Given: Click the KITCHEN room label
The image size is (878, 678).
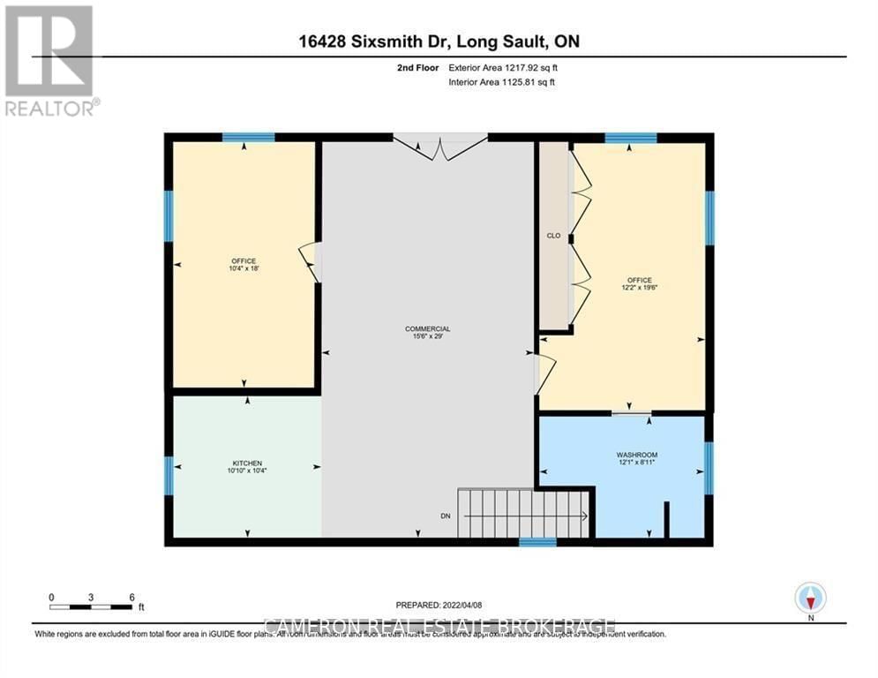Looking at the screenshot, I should pyautogui.click(x=247, y=463).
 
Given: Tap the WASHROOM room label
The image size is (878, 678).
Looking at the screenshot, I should pyautogui.click(x=636, y=455).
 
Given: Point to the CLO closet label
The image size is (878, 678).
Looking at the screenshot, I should pyautogui.click(x=554, y=236).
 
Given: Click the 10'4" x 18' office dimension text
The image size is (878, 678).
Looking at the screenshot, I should pyautogui.click(x=244, y=269).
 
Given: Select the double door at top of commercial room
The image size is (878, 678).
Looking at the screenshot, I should pyautogui.click(x=439, y=147).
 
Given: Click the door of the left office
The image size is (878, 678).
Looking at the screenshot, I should pyautogui.click(x=310, y=262).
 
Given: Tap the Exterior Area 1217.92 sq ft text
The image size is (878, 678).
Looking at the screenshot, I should pyautogui.click(x=500, y=67).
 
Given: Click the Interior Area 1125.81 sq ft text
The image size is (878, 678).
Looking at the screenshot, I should pyautogui.click(x=500, y=82).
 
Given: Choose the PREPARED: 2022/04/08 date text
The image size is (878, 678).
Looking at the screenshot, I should pyautogui.click(x=439, y=606).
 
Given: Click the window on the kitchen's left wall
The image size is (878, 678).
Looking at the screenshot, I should pyautogui.click(x=169, y=475).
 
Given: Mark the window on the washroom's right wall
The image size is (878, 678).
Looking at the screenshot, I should pyautogui.click(x=709, y=467).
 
